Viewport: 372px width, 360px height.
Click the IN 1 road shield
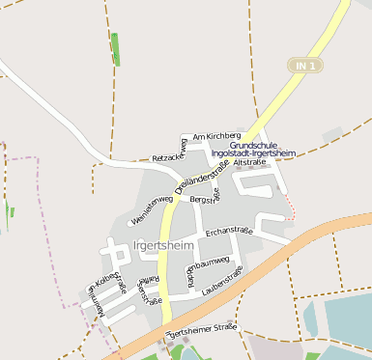coord(306,65)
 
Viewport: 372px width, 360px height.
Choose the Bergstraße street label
coord(205,197)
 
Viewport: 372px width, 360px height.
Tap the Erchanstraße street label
coord(229,231)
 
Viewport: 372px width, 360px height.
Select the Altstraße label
coord(249,162)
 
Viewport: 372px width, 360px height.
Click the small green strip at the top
coord(116,48)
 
